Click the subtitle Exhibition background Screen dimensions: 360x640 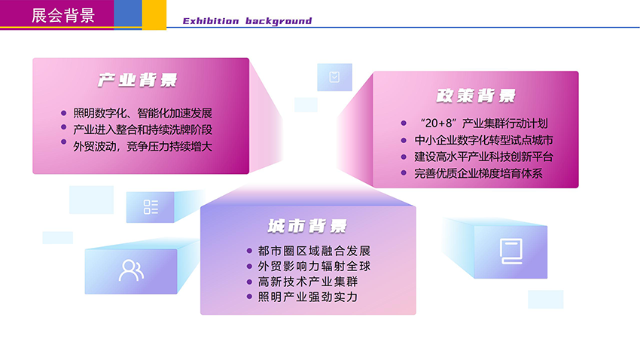[x=247, y=21]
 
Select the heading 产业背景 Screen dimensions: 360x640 [x=138, y=81]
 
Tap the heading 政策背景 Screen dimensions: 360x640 [x=476, y=96]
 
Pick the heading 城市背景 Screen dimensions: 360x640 [x=307, y=226]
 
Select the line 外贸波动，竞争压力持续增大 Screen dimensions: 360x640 [x=142, y=146]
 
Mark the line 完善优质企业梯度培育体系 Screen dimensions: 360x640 [x=478, y=174]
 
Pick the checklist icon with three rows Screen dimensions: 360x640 [x=151, y=207]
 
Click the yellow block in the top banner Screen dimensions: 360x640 [x=154, y=14]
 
